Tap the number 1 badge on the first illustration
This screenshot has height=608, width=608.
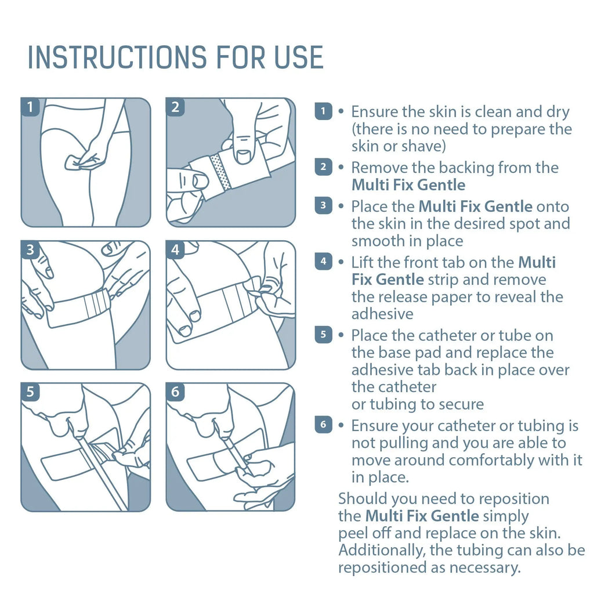[x=30, y=107]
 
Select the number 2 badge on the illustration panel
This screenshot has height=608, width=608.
[x=175, y=107]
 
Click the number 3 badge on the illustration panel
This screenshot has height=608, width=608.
[x=30, y=250]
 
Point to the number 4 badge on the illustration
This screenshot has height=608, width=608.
[x=175, y=250]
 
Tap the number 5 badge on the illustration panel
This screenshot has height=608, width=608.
[x=30, y=392]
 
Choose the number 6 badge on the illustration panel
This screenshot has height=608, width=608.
[x=175, y=392]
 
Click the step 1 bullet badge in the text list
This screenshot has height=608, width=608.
[x=323, y=111]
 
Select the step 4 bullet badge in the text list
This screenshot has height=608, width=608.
[x=323, y=261]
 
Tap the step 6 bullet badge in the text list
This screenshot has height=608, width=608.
[x=323, y=425]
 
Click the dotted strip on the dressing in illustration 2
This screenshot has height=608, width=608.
[x=222, y=172]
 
